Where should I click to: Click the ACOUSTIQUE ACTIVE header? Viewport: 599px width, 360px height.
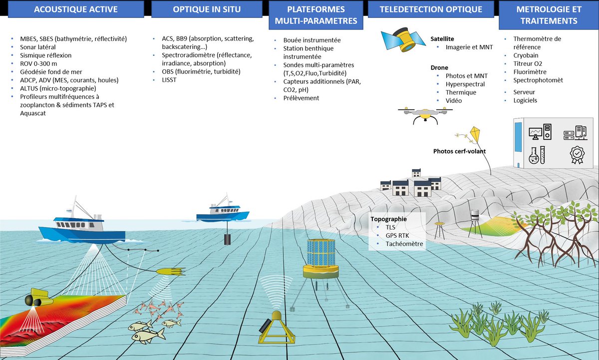(76, 9)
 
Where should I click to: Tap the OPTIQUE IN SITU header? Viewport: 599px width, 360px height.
(207, 9)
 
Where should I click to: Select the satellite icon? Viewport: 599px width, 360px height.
(403, 39)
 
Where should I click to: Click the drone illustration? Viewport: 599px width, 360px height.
(425, 115)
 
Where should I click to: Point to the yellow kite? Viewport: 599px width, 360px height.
(475, 134)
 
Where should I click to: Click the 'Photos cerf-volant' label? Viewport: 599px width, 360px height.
(459, 151)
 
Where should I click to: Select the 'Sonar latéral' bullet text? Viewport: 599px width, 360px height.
(38, 47)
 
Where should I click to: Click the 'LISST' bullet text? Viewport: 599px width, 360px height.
(169, 80)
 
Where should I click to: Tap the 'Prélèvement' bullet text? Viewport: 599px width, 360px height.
(301, 98)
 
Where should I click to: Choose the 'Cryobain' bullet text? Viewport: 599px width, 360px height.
(526, 55)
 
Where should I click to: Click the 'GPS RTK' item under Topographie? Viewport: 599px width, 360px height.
(397, 235)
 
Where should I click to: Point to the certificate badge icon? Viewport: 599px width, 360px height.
(577, 155)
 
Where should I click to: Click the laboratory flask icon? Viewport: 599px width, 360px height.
(534, 156)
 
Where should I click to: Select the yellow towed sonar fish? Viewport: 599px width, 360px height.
(171, 272)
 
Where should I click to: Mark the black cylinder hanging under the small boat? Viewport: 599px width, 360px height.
(227, 240)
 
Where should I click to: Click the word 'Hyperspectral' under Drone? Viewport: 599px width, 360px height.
(465, 84)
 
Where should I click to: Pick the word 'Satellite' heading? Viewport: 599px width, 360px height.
(442, 39)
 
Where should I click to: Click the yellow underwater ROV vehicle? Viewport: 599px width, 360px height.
(38, 298)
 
